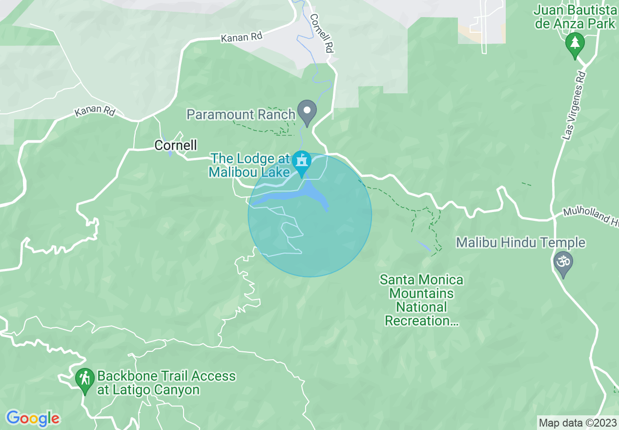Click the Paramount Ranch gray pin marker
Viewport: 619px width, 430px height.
307,111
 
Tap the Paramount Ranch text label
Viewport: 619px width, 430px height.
241,115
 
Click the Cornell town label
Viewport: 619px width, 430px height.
176,145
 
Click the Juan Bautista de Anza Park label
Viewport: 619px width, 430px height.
575,17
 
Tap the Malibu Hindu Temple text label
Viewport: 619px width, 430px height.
520,242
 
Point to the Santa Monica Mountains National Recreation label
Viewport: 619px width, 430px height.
422,300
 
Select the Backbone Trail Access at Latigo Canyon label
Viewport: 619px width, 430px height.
166,383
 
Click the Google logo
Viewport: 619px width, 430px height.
33,418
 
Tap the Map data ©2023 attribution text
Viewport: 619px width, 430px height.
577,423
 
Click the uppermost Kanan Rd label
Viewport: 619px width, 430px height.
241,37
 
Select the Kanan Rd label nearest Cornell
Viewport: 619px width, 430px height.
95,111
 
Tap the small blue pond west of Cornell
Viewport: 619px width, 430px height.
169,151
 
